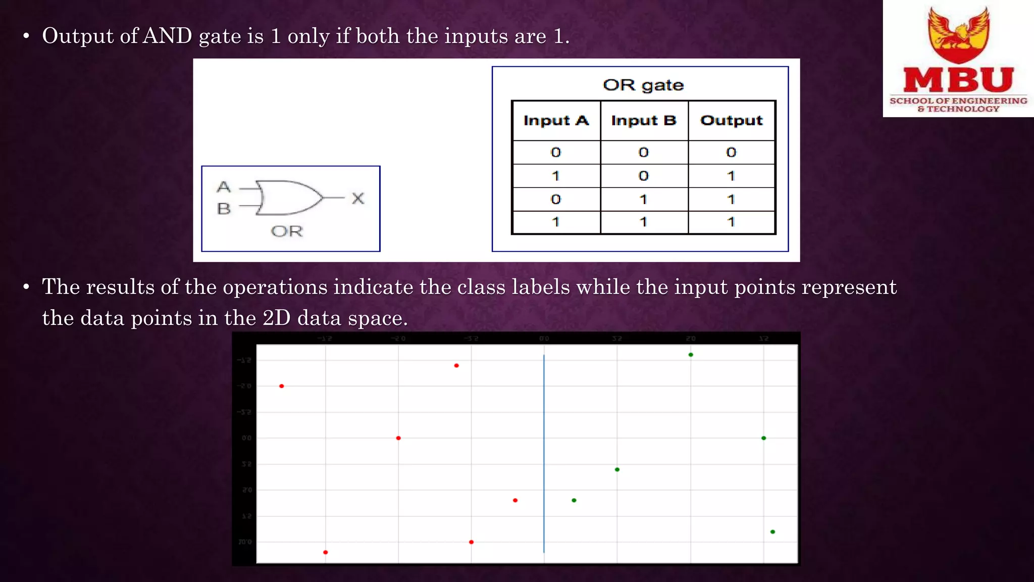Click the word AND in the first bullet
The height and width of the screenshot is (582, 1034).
(168, 36)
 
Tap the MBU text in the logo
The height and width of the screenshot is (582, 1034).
(958, 80)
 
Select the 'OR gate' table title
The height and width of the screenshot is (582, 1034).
(643, 85)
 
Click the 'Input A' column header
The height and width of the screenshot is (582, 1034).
(556, 121)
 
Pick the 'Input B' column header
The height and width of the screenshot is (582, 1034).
(644, 121)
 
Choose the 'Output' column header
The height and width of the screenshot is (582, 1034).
(732, 121)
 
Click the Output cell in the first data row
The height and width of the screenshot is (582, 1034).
(731, 152)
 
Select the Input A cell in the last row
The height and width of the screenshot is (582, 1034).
(556, 222)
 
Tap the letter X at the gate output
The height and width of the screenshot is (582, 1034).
(358, 198)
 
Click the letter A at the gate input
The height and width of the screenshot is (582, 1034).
(224, 187)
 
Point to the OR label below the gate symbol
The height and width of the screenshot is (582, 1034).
(287, 231)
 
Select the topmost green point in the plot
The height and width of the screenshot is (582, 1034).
(691, 355)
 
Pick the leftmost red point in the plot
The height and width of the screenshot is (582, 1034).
(282, 386)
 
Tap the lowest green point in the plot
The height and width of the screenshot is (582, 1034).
(772, 531)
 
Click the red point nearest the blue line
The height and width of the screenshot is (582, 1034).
(515, 500)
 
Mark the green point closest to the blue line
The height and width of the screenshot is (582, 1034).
(574, 500)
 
